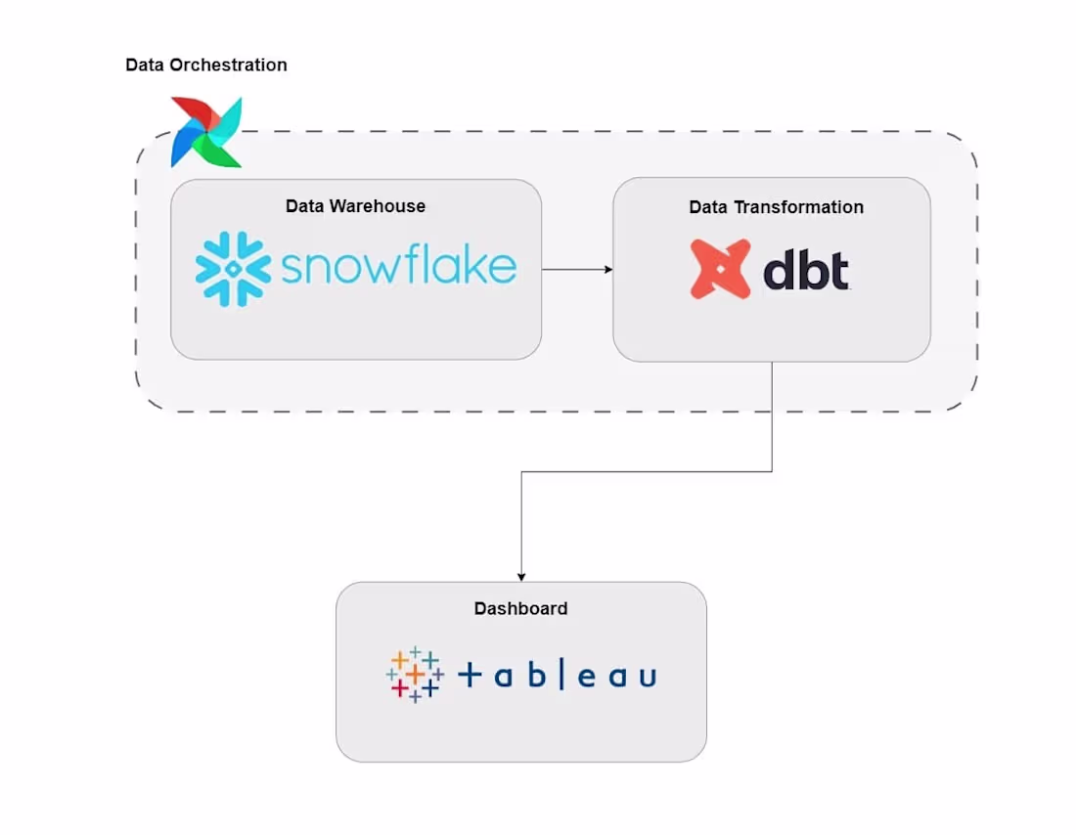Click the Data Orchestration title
206,66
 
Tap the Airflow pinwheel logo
206,131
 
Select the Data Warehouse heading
355,206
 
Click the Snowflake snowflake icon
233,269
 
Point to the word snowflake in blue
398,266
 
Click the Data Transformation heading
776,207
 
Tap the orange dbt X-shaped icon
720,269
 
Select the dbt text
805,271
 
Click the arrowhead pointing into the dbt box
607,269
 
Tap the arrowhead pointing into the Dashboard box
521,576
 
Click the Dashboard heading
520,608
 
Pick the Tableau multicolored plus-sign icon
415,674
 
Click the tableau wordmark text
557,675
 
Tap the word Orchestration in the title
228,66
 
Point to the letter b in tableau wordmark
535,675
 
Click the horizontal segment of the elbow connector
646,472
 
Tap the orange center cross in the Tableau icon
415,675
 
